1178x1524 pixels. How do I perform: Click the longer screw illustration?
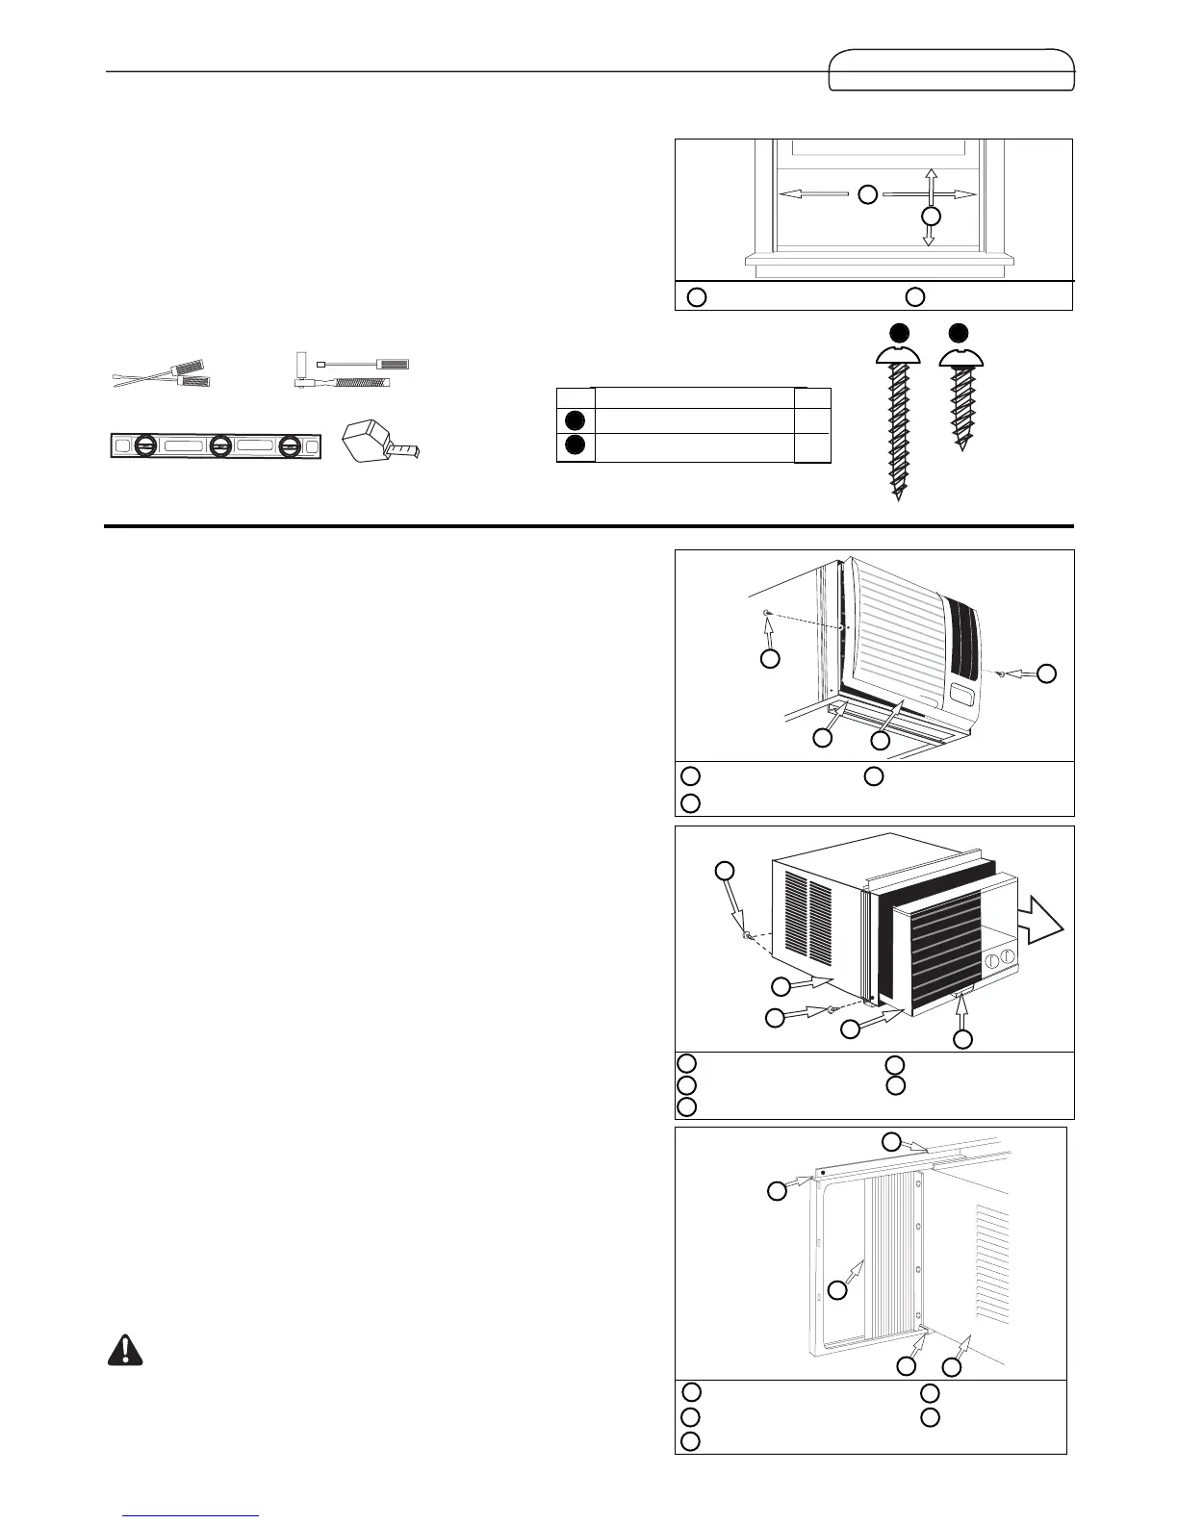click(x=897, y=423)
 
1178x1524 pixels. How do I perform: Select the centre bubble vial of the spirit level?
click(x=219, y=446)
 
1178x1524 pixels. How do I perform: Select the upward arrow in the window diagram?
click(x=930, y=182)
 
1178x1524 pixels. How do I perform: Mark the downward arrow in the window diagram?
click(x=929, y=234)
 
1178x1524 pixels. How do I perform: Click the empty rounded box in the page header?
click(x=950, y=70)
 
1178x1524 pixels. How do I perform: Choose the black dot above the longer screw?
click(x=898, y=334)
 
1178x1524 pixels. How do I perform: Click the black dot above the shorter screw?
click(x=959, y=334)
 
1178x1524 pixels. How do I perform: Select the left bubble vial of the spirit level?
click(x=144, y=446)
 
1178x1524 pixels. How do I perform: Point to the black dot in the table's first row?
click(x=575, y=419)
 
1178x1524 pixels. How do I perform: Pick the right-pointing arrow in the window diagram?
click(x=930, y=194)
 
